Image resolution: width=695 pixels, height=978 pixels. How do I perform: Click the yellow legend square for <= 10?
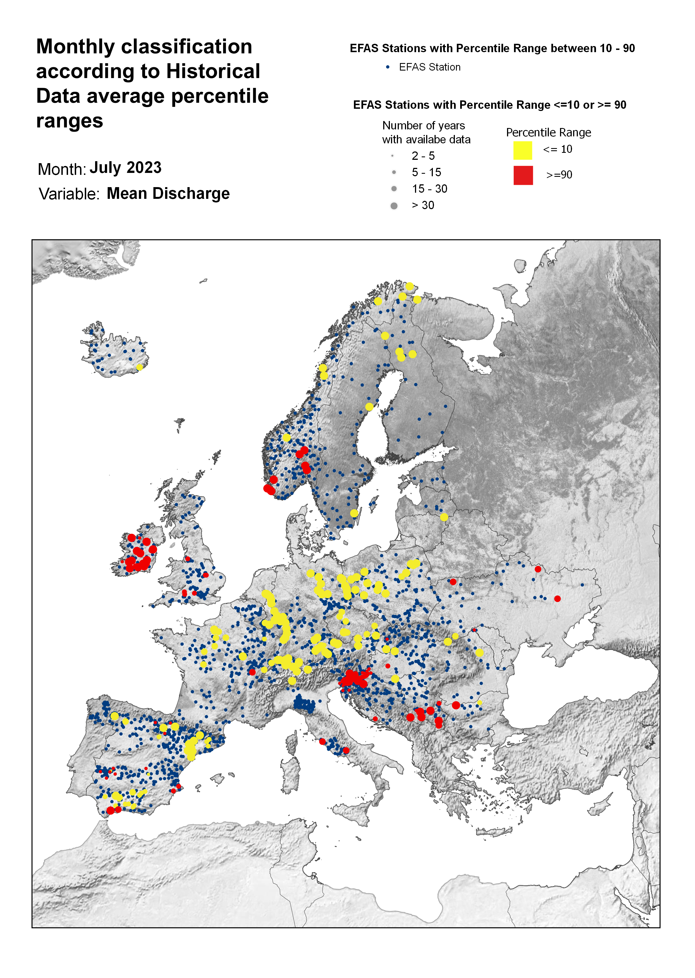coord(523,151)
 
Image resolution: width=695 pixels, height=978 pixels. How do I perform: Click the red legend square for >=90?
coord(523,175)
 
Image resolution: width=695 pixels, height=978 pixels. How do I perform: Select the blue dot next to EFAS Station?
coord(388,67)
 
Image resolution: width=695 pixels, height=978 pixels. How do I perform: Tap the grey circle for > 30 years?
coord(394,206)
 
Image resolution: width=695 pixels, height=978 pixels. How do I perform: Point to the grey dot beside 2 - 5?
coord(392,156)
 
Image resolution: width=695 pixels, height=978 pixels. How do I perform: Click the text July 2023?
coord(126,168)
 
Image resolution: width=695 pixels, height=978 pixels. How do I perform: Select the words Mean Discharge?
coord(168,193)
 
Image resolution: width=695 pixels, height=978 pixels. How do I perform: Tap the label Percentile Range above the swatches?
coord(548,133)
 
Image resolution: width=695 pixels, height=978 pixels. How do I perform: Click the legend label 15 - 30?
coord(429,189)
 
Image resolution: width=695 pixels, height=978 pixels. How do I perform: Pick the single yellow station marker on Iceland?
coord(139,367)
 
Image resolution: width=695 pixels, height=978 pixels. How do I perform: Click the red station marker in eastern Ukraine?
coord(557,598)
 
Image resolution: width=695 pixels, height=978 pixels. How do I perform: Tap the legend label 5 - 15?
coord(426,172)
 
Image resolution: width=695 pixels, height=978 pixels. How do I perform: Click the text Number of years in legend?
coord(423,126)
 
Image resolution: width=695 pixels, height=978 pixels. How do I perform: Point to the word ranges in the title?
coord(69,121)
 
